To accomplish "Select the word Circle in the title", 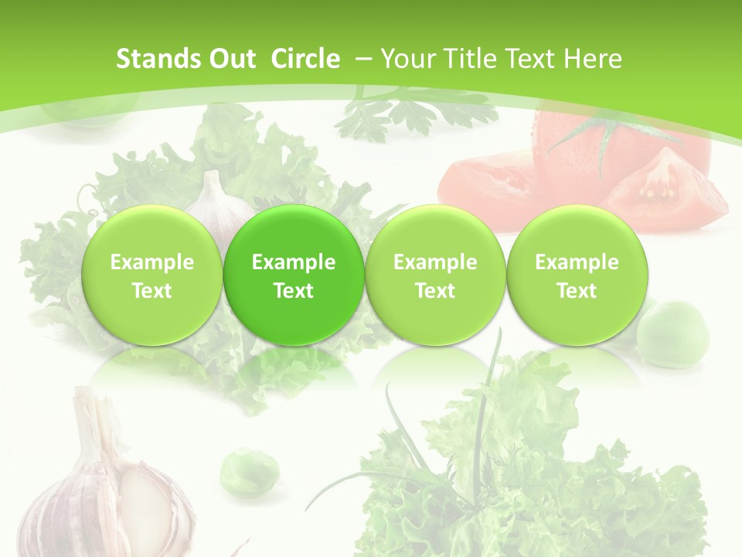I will pyautogui.click(x=305, y=59).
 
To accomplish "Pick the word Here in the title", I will pyautogui.click(x=593, y=59).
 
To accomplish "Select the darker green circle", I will pyautogui.click(x=294, y=275).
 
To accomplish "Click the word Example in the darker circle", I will pyautogui.click(x=294, y=262).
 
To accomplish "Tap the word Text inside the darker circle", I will pyautogui.click(x=294, y=291).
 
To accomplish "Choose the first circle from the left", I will pyautogui.click(x=151, y=275).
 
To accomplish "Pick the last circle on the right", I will pyautogui.click(x=577, y=275).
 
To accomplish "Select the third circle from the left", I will pyautogui.click(x=435, y=275).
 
